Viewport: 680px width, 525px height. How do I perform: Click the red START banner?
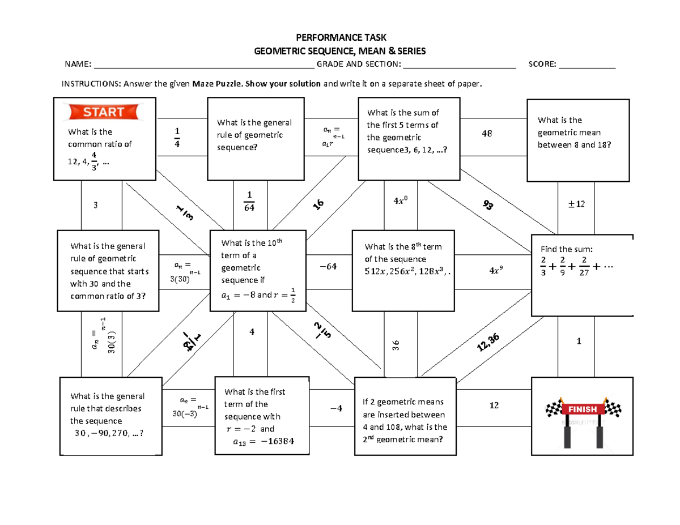coord(103,112)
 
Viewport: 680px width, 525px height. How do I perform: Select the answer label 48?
coord(486,134)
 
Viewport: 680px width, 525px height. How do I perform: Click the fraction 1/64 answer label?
coord(249,202)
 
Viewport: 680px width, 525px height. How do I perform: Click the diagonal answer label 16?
coord(319,206)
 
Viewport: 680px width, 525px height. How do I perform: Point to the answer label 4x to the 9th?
coord(495,271)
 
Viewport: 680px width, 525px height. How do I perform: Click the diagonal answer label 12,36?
coord(488,342)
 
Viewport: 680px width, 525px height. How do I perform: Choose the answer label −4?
coord(336,409)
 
